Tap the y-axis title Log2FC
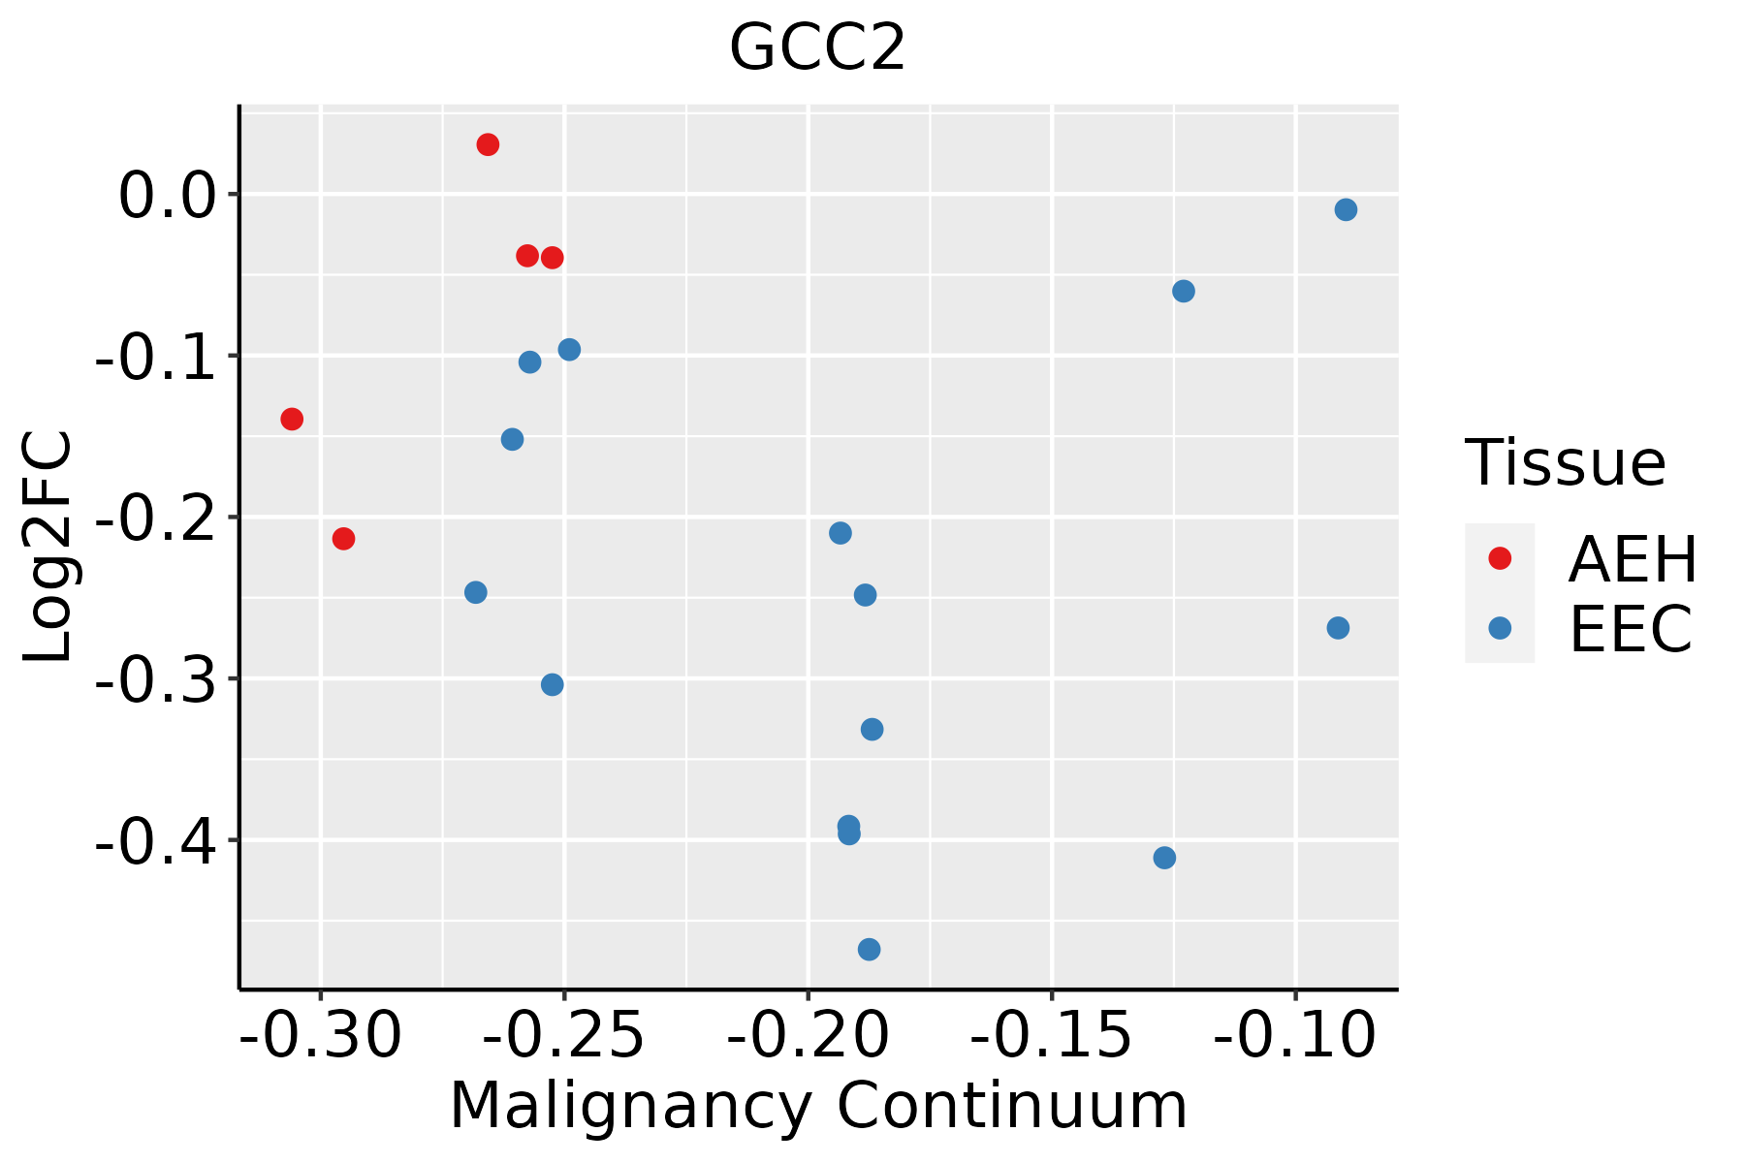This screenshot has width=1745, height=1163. (48, 547)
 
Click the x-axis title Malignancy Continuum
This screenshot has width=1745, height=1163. (817, 1106)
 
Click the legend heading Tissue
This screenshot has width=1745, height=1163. (1565, 463)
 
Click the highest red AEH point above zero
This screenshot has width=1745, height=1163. (488, 144)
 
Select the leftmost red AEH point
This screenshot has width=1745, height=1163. (292, 419)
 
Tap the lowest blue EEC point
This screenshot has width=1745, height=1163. (869, 949)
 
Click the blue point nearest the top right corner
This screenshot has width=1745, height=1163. (1346, 209)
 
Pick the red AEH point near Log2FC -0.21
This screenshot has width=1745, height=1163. (343, 538)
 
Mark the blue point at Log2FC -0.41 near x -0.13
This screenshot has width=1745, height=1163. (1164, 858)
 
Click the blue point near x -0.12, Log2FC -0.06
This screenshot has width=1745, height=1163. (1184, 291)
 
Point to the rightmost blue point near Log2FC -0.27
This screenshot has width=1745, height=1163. (1338, 628)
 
